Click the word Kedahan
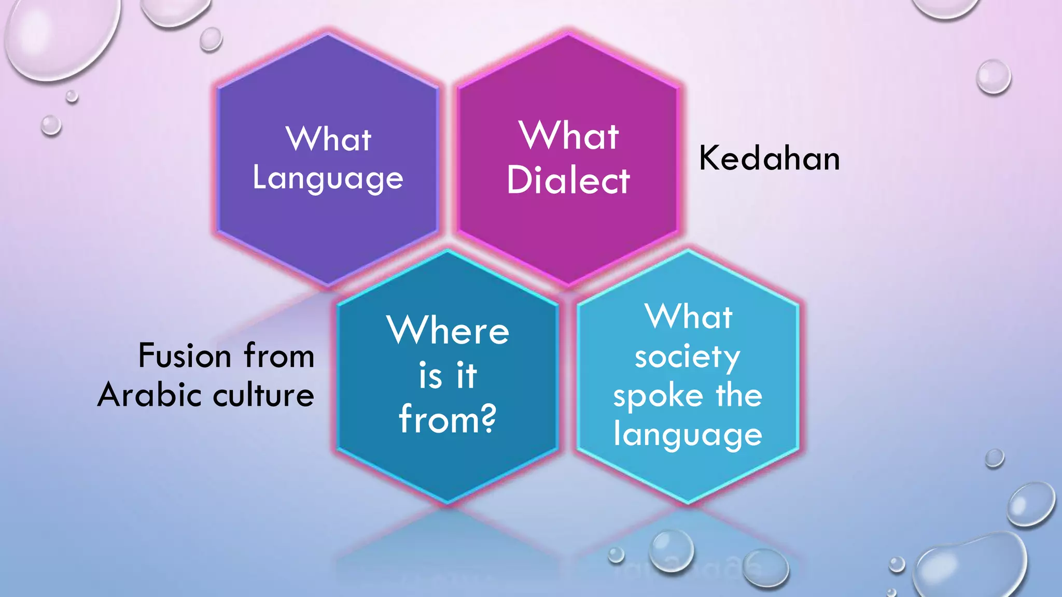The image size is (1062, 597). (769, 158)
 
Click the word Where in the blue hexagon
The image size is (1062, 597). (448, 330)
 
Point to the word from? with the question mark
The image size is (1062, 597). (447, 419)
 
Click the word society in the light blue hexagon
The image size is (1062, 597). (687, 357)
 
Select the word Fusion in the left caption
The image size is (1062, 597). (185, 357)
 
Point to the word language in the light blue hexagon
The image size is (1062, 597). (688, 434)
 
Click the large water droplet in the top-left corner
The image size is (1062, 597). (60, 36)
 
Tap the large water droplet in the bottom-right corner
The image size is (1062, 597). (970, 567)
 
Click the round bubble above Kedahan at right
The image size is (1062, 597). (993, 77)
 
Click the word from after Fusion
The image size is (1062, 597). (279, 357)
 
